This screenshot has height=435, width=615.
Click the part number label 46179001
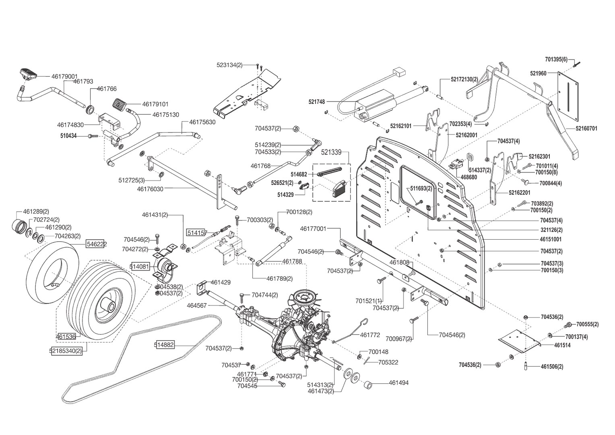tap(64, 76)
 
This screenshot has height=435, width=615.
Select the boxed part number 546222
tap(97, 244)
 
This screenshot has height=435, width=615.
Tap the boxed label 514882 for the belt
tap(164, 344)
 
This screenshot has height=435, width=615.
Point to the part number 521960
tap(538, 73)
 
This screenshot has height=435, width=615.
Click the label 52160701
tap(586, 128)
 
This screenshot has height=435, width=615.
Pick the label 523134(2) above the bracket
tap(229, 65)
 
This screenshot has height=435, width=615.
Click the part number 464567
tap(196, 306)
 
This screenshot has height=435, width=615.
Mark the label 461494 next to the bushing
tap(398, 383)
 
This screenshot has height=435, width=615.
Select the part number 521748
tap(317, 102)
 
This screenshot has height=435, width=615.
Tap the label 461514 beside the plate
tap(562, 345)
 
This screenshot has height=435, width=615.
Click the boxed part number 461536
tap(66, 336)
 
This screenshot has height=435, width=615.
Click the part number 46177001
tap(313, 229)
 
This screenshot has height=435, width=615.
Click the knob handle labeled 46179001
tap(28, 74)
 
